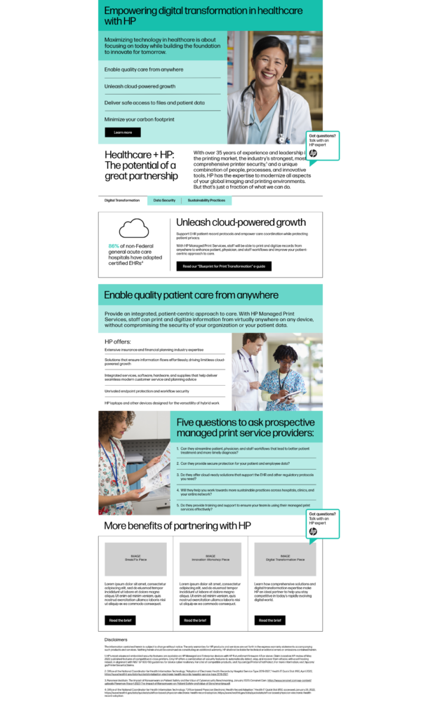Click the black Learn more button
point(123,132)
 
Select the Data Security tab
point(164,201)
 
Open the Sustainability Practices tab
point(206,201)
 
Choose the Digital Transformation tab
point(122,201)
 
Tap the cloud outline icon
point(134,229)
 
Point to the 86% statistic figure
point(114,246)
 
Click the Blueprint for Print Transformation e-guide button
point(213,266)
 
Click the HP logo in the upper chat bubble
point(313,153)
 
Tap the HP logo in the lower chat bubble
point(313,532)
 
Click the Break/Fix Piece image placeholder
point(135,559)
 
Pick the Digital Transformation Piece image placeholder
point(285,559)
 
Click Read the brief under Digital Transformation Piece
point(270,620)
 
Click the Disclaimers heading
point(116,639)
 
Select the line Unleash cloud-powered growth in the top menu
point(140,86)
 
